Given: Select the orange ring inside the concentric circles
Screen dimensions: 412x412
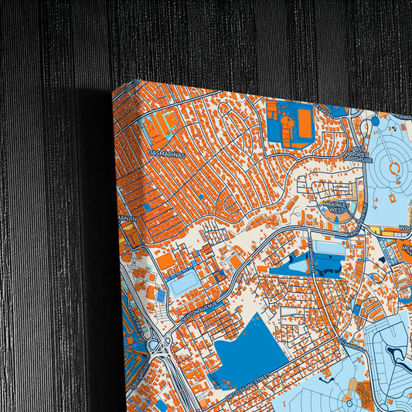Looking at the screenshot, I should click(394, 167).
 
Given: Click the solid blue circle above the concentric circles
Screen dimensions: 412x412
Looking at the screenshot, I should click(375, 121).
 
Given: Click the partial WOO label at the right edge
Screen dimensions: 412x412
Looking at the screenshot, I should click(404, 229).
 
